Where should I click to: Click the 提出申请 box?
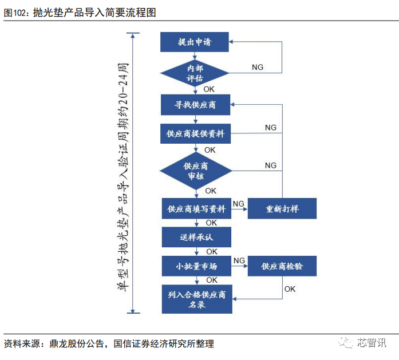pyautogui.click(x=195, y=42)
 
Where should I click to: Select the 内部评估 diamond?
pyautogui.click(x=195, y=73)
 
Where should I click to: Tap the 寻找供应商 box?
pyautogui.click(x=195, y=105)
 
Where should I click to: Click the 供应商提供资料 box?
pyautogui.click(x=195, y=133)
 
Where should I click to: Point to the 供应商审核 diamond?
pyautogui.click(x=196, y=171)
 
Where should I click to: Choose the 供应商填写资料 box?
pyautogui.click(x=196, y=209)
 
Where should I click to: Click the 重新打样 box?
pyautogui.click(x=282, y=209)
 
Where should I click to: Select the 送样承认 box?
pyautogui.click(x=196, y=237)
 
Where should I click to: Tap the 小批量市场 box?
pyautogui.click(x=196, y=266)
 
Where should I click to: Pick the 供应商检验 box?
pyautogui.click(x=282, y=266)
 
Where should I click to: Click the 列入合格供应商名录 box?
pyautogui.click(x=197, y=299)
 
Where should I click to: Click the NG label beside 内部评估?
pyautogui.click(x=258, y=67)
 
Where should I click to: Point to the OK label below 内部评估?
pyautogui.click(x=209, y=89)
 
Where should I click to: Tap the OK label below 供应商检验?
pyautogui.click(x=290, y=289)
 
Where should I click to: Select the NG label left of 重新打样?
pyautogui.click(x=239, y=204)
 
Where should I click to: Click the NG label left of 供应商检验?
pyautogui.click(x=239, y=260)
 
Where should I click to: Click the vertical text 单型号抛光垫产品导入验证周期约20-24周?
pyautogui.click(x=123, y=177)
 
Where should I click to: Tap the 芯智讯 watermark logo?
pyautogui.click(x=362, y=342)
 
